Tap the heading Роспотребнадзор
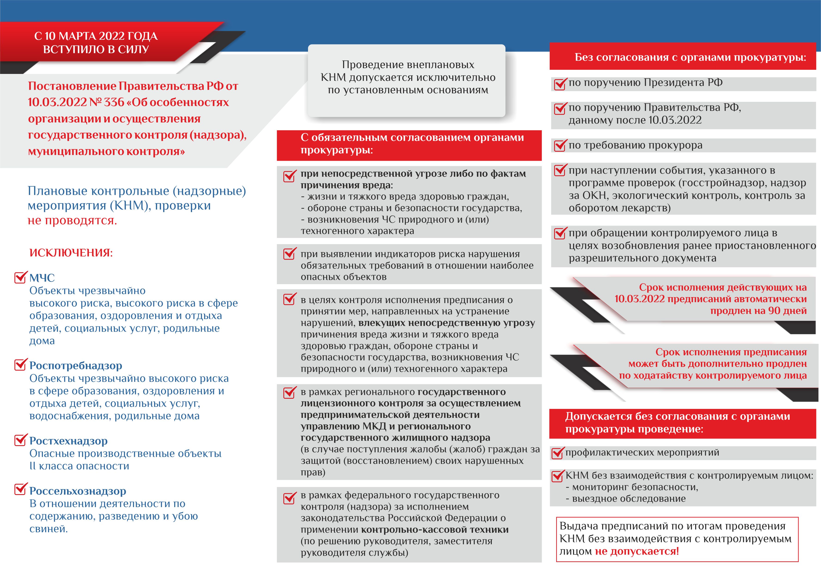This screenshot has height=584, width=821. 75,365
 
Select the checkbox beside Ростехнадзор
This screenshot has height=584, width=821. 20,440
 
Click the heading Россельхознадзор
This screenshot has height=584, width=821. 78,491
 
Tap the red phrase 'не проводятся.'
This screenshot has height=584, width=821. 72,220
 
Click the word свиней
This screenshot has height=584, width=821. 48,529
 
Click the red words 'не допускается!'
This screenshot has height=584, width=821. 637,551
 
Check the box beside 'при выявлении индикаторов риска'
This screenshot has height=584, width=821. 289,254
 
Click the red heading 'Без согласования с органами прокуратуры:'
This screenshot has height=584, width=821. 690,57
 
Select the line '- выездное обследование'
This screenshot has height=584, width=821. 625,499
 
